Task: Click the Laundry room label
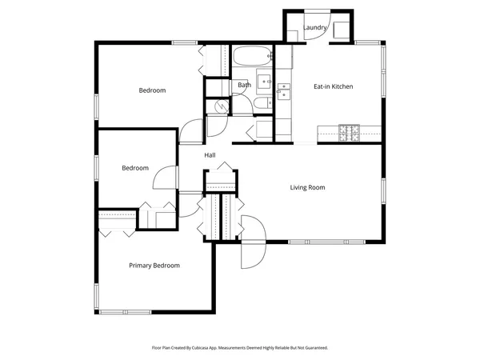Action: [x=314, y=28]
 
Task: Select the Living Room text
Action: [x=307, y=188]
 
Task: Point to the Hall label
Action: [x=210, y=154]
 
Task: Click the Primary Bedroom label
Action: [x=154, y=266]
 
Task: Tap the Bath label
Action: [x=244, y=85]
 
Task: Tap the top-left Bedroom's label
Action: [x=152, y=90]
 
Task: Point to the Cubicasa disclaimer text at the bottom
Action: [x=240, y=348]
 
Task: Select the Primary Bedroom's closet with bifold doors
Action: [x=117, y=221]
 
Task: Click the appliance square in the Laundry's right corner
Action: [x=340, y=30]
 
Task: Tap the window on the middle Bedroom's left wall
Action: [x=97, y=168]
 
